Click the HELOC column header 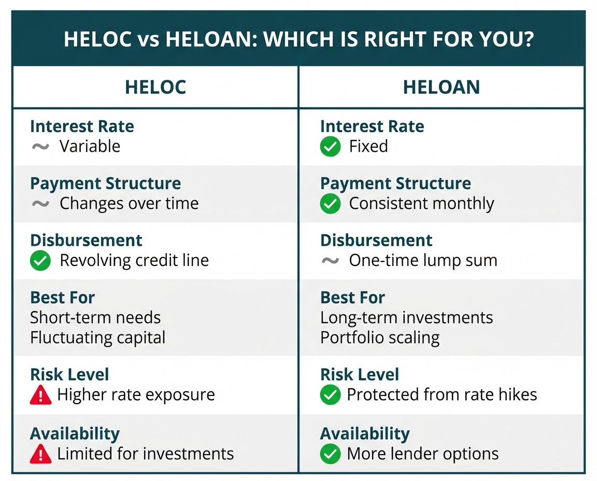click(155, 87)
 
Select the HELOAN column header click(442, 87)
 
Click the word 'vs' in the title click(149, 40)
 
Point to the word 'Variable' click(90, 146)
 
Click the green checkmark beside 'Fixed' click(330, 146)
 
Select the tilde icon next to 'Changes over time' click(40, 204)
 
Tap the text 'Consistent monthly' click(421, 204)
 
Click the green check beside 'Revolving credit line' click(40, 261)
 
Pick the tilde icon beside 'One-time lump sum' click(330, 261)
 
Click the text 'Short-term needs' click(95, 317)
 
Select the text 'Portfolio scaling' click(379, 338)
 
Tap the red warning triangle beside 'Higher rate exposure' click(40, 395)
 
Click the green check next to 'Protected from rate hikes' click(330, 394)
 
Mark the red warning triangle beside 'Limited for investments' click(40, 454)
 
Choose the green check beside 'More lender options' click(330, 454)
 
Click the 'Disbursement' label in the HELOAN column click(376, 240)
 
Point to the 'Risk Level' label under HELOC click(69, 374)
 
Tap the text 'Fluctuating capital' click(97, 338)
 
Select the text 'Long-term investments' click(406, 318)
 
